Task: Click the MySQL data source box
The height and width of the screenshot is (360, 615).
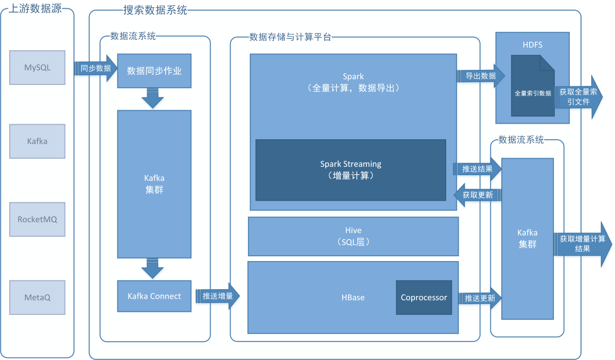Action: pos(37,67)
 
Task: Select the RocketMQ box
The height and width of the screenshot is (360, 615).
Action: pos(37,219)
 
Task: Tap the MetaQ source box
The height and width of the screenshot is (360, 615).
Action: pos(37,297)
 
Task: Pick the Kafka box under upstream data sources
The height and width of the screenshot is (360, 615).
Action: pos(37,141)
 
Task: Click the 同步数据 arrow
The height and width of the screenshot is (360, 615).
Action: pos(96,68)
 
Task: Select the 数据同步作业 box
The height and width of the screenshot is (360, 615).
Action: pos(154,71)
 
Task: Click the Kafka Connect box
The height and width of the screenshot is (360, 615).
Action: pos(154,296)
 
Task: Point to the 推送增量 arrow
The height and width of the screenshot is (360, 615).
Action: pos(218,296)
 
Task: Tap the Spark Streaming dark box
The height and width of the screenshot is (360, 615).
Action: pos(350,170)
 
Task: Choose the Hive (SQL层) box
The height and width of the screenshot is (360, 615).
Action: pos(353,236)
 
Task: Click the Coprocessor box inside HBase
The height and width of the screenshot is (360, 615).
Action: pos(424,297)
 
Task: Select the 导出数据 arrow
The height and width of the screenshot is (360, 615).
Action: pos(481,76)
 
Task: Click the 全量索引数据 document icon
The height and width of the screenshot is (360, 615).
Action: pos(533,85)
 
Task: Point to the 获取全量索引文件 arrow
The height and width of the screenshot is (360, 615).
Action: pos(579,97)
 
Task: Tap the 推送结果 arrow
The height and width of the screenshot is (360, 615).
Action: pos(478,169)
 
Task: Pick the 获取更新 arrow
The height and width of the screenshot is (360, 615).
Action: pos(478,195)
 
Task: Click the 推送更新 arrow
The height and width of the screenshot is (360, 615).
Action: pos(480,298)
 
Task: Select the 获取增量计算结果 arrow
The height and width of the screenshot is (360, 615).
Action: pos(582,244)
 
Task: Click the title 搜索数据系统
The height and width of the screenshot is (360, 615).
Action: pos(155,10)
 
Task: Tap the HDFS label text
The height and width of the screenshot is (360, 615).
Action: pos(532,45)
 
